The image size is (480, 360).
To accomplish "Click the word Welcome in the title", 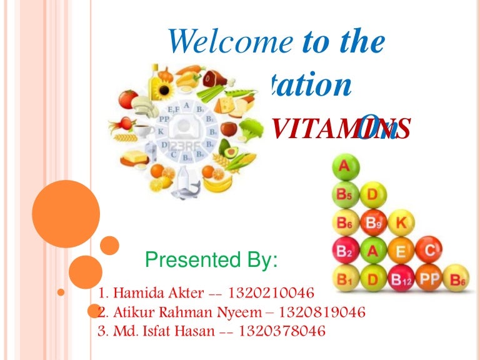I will coord(229,41).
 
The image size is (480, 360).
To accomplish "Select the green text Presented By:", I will coord(211,259).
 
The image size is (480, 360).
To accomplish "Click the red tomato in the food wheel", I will coord(128,99).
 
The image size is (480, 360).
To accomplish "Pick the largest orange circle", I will coord(66,214).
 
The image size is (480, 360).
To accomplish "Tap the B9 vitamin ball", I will coord(372,222).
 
